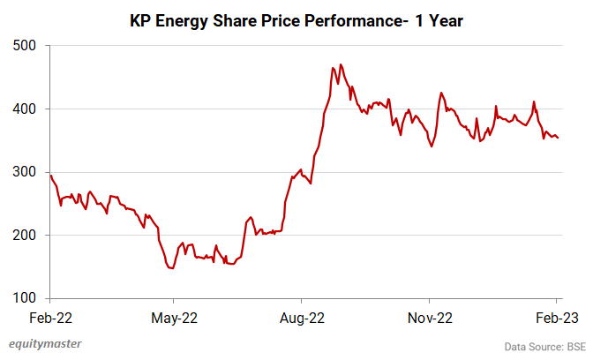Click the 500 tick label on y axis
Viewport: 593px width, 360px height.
tap(23, 45)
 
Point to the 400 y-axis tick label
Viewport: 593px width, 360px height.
tap(23, 109)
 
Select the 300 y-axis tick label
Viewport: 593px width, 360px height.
tap(23, 172)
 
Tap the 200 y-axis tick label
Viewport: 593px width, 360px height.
tap(23, 236)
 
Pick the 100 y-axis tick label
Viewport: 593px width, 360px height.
tap(23, 298)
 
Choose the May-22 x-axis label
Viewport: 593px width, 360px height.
tap(174, 317)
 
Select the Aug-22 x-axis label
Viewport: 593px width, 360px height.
tap(302, 317)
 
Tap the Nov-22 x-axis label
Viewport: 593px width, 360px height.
tap(430, 317)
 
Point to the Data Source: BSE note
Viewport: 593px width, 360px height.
tap(544, 347)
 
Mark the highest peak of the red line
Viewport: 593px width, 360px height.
tap(341, 64)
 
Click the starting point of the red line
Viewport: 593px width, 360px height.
tap(49, 175)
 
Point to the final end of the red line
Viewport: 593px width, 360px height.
tap(558, 138)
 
